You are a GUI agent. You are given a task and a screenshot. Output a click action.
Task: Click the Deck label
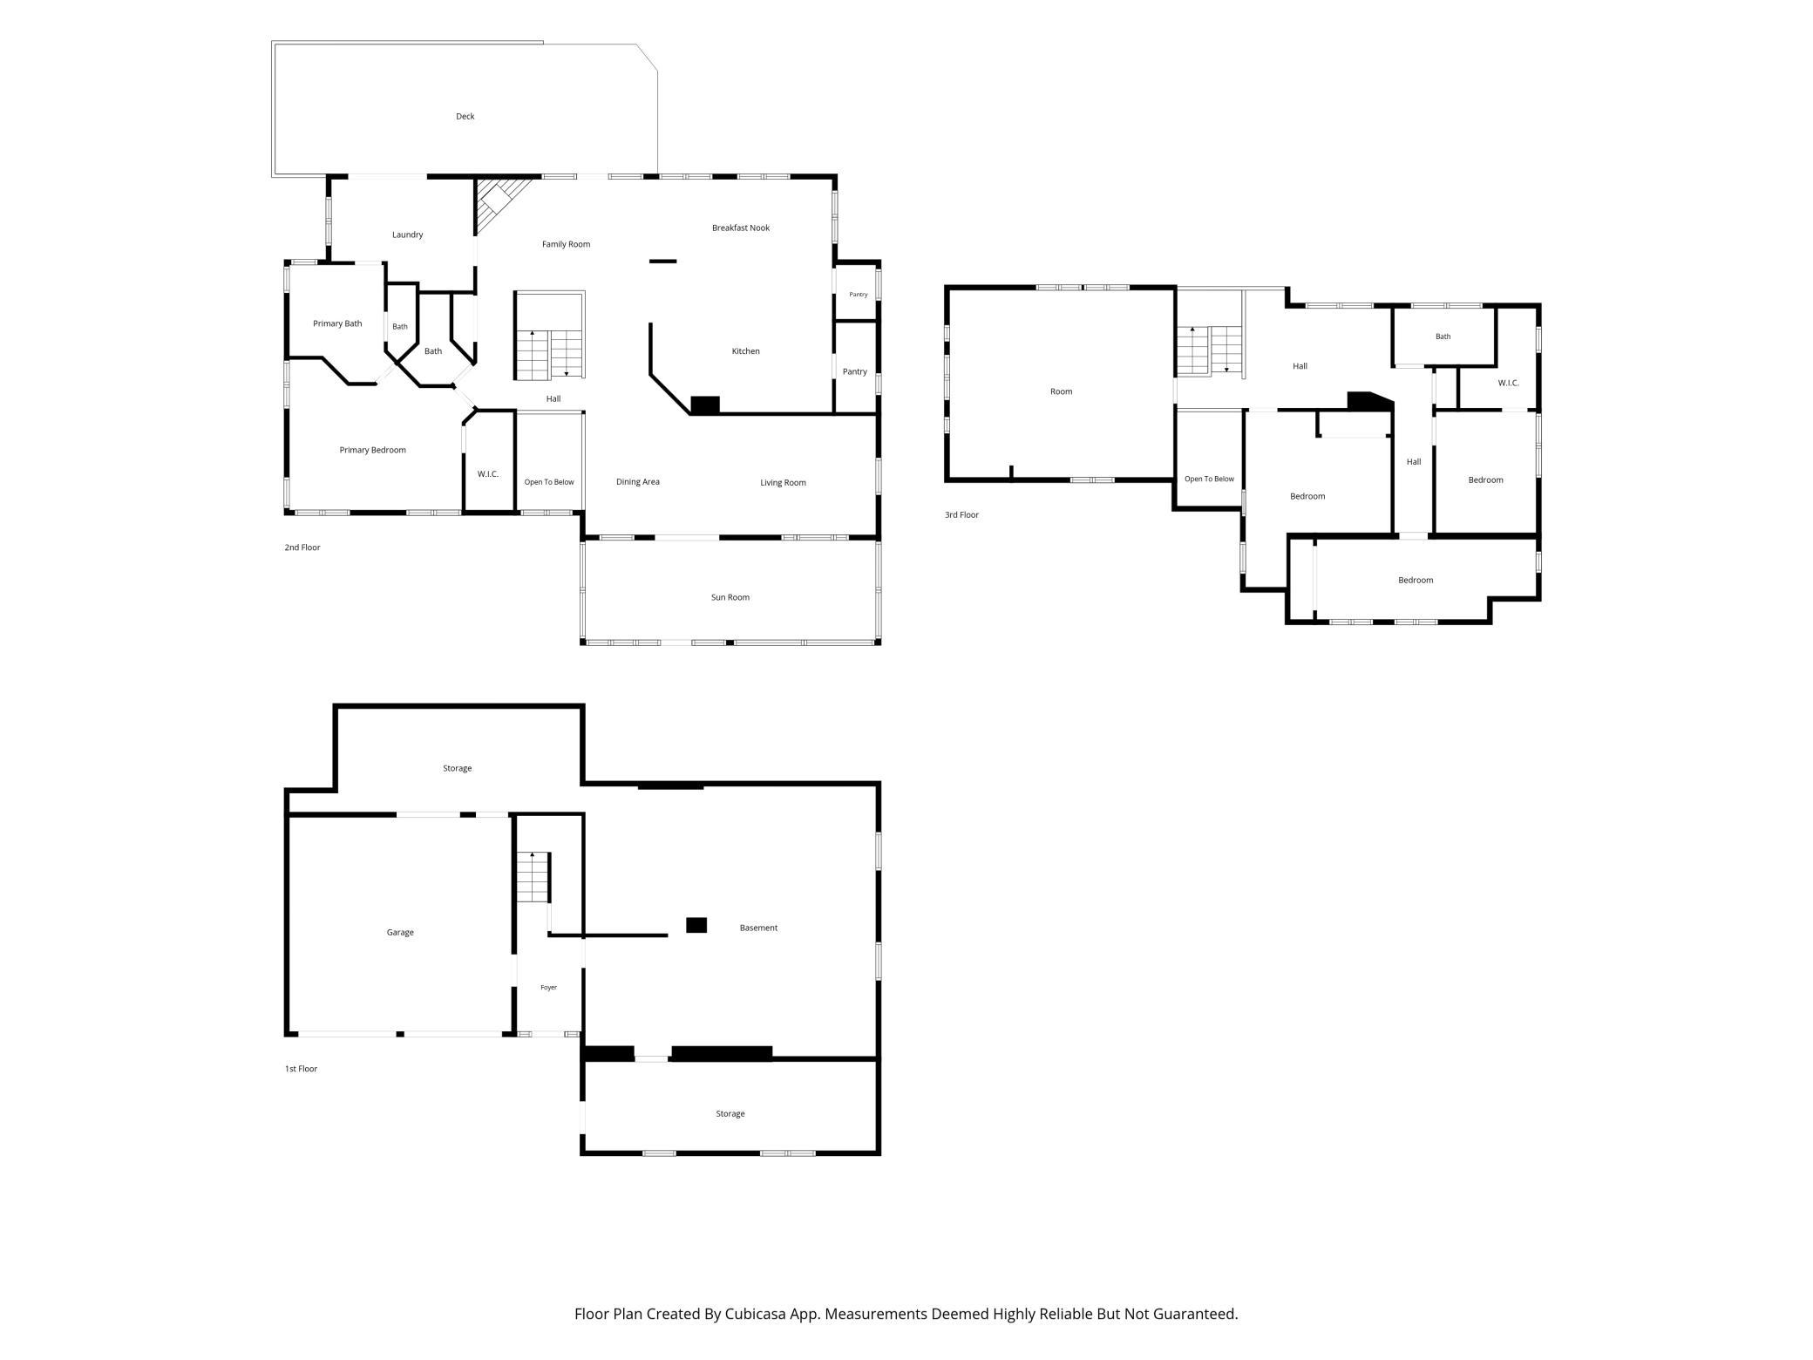click(465, 116)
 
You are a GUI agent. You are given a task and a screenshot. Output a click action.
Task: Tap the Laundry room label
click(407, 235)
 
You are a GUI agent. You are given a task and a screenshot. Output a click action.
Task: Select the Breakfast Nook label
click(741, 228)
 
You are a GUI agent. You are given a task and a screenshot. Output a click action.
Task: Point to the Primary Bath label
click(337, 323)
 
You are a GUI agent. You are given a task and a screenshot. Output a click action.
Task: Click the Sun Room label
click(730, 597)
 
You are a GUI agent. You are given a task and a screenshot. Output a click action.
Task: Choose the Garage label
click(400, 932)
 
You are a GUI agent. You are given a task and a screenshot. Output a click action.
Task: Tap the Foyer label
click(548, 988)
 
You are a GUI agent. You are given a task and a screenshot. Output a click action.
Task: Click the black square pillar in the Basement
click(696, 925)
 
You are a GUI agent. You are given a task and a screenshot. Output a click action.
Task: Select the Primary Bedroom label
click(372, 450)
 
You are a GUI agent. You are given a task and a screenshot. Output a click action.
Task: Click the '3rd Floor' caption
click(961, 514)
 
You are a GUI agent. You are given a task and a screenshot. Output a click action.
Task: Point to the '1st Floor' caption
click(301, 1069)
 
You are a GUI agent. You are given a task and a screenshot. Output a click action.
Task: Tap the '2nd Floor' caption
click(302, 547)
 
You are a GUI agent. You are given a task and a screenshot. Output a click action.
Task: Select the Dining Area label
click(637, 481)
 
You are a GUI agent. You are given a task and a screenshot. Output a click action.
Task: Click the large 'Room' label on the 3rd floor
click(1061, 391)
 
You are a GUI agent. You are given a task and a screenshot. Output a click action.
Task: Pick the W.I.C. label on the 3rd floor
click(1508, 383)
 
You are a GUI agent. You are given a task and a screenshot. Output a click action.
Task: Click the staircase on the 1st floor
click(533, 878)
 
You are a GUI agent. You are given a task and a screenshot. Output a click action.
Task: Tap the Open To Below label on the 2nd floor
click(549, 482)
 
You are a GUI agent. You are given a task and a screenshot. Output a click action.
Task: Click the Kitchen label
click(745, 351)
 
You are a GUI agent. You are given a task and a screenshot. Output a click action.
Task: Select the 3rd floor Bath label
click(1443, 337)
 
